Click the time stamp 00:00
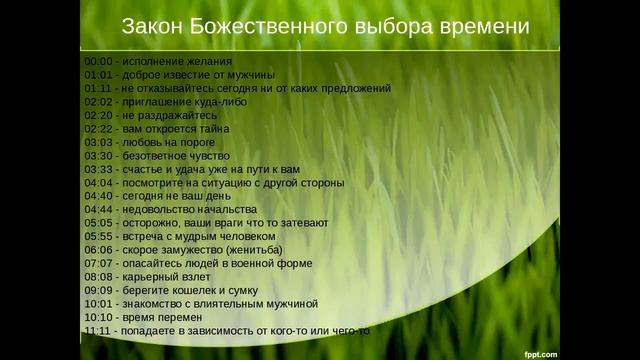97,61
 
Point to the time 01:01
97,75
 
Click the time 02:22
97,129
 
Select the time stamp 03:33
97,170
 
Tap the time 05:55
97,237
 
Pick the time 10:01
97,304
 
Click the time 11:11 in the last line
97,331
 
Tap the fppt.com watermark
541,352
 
